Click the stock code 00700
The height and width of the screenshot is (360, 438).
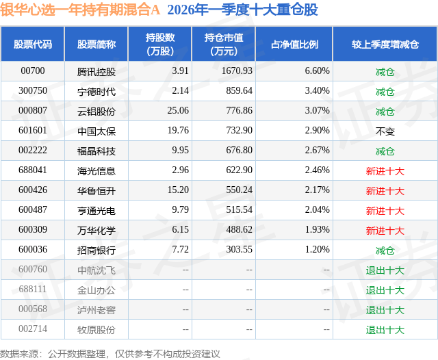[33, 71]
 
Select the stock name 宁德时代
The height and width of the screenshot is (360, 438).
[96, 91]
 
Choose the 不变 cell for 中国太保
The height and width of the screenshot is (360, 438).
[385, 131]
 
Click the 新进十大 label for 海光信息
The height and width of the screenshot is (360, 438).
[385, 170]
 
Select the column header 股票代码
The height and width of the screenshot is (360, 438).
[33, 44]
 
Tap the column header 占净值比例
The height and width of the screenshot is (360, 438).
[300, 44]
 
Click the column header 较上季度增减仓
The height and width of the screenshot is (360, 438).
[385, 44]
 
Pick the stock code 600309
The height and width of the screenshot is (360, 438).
[33, 230]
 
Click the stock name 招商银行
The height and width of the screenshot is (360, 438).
[96, 250]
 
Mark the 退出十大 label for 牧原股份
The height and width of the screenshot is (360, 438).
[385, 329]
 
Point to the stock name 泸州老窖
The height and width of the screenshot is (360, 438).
[96, 309]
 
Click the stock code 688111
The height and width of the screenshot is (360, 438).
[33, 290]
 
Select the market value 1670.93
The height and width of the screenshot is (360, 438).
[236, 71]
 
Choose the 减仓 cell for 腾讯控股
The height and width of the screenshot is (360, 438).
[385, 71]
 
